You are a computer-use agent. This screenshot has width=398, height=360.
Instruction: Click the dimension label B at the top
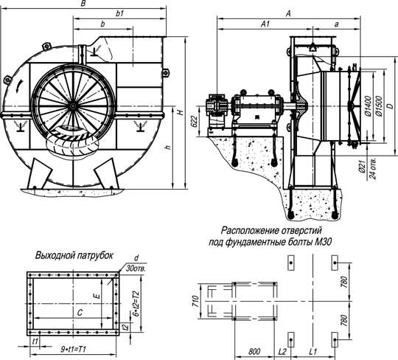[83, 4]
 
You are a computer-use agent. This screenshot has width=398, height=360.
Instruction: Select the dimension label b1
[119, 15]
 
